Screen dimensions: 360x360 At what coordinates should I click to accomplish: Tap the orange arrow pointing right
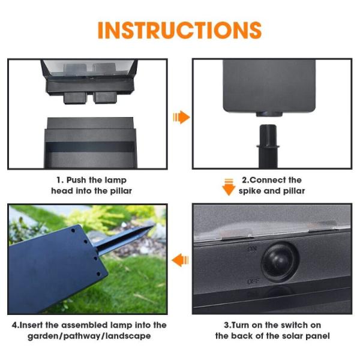click(x=181, y=117)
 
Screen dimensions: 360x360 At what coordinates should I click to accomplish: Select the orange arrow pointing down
click(x=229, y=187)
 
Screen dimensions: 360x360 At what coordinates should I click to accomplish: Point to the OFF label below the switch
click(x=253, y=281)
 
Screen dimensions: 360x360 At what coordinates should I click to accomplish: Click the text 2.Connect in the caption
click(x=263, y=180)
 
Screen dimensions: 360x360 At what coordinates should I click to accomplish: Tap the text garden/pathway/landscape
click(x=89, y=336)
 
